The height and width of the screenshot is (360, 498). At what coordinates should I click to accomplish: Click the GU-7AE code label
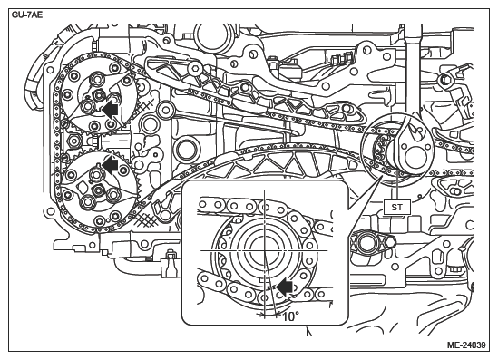(27, 15)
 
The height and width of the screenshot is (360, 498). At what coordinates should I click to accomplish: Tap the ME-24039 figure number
(466, 345)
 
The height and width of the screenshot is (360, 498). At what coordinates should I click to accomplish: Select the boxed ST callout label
(396, 208)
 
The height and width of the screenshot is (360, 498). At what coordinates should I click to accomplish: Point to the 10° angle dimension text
(290, 316)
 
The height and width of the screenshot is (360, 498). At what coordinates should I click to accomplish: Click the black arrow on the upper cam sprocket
(110, 110)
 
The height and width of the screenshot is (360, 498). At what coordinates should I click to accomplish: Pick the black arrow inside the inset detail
(284, 287)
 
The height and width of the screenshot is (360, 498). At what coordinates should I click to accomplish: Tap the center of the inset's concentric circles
(265, 250)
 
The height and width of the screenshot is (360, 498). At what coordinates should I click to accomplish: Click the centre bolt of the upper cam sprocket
(99, 93)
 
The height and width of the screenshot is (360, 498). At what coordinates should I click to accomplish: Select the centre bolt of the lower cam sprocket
(98, 190)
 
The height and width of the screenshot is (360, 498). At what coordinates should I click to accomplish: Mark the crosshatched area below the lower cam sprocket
(146, 219)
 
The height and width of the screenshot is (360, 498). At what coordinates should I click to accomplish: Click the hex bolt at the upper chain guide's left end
(194, 68)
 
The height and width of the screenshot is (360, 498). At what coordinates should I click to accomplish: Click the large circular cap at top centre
(213, 35)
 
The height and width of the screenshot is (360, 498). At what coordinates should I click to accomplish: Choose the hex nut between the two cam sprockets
(74, 141)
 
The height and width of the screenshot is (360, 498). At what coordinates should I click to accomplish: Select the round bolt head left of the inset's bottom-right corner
(364, 243)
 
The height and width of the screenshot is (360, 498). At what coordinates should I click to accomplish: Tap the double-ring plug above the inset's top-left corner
(187, 149)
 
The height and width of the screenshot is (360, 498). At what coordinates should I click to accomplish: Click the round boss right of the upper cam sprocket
(165, 110)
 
